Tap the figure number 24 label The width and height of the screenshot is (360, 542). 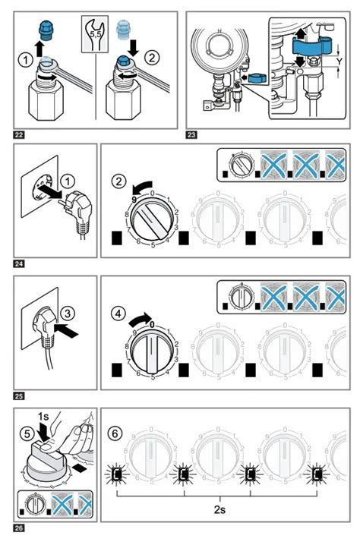(x=19, y=264)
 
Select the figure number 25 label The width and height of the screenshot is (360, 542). (x=19, y=395)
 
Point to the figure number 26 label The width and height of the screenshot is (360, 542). (x=19, y=526)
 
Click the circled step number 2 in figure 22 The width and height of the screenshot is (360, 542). (x=153, y=56)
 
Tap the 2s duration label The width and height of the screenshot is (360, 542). (x=219, y=510)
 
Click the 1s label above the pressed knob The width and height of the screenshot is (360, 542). (x=43, y=416)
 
